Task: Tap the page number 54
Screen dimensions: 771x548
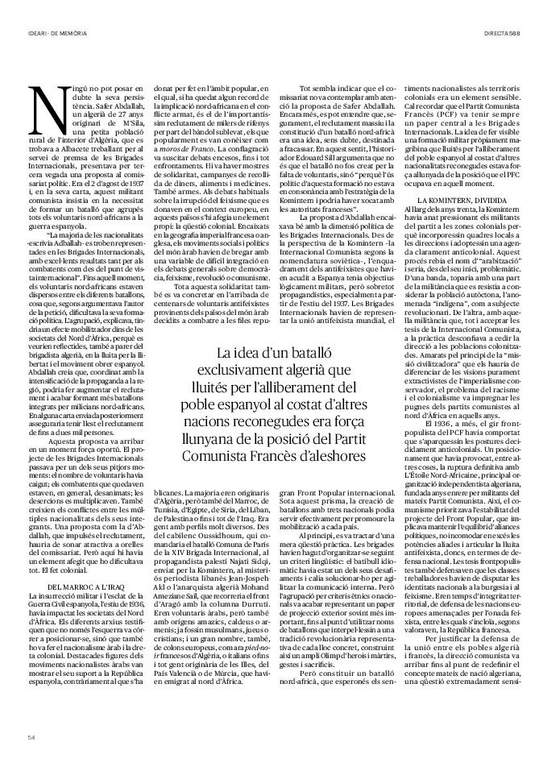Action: click(x=31, y=736)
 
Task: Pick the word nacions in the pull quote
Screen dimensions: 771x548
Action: click(x=214, y=420)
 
